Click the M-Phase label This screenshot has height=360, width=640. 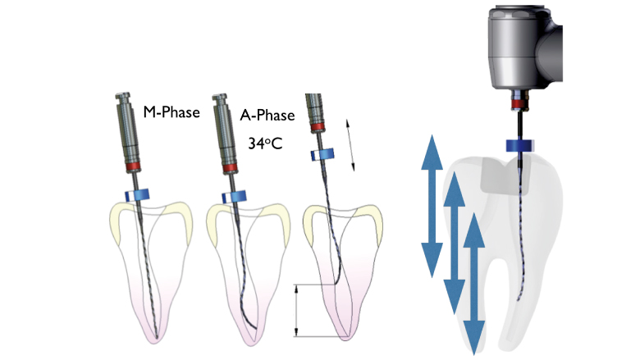click(x=171, y=112)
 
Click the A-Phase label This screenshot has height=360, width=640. click(x=267, y=115)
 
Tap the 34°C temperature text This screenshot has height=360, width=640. click(x=265, y=144)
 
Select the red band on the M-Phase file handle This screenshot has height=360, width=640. click(x=133, y=166)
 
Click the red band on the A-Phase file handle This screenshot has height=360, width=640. click(x=230, y=167)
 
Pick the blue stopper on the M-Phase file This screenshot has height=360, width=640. click(x=137, y=195)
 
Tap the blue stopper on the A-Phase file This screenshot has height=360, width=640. click(x=235, y=197)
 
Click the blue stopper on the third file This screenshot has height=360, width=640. click(x=322, y=154)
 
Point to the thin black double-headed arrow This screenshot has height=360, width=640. click(x=350, y=144)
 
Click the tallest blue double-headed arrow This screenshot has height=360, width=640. click(x=432, y=206)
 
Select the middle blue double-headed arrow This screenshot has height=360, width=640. click(x=454, y=243)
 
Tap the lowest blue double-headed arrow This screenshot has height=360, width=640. click(x=474, y=284)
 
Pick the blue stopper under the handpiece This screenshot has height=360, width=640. click(x=520, y=145)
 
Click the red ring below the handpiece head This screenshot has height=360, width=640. click(x=520, y=105)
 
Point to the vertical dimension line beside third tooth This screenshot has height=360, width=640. click(x=297, y=311)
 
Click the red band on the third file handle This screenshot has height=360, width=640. click(x=318, y=127)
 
